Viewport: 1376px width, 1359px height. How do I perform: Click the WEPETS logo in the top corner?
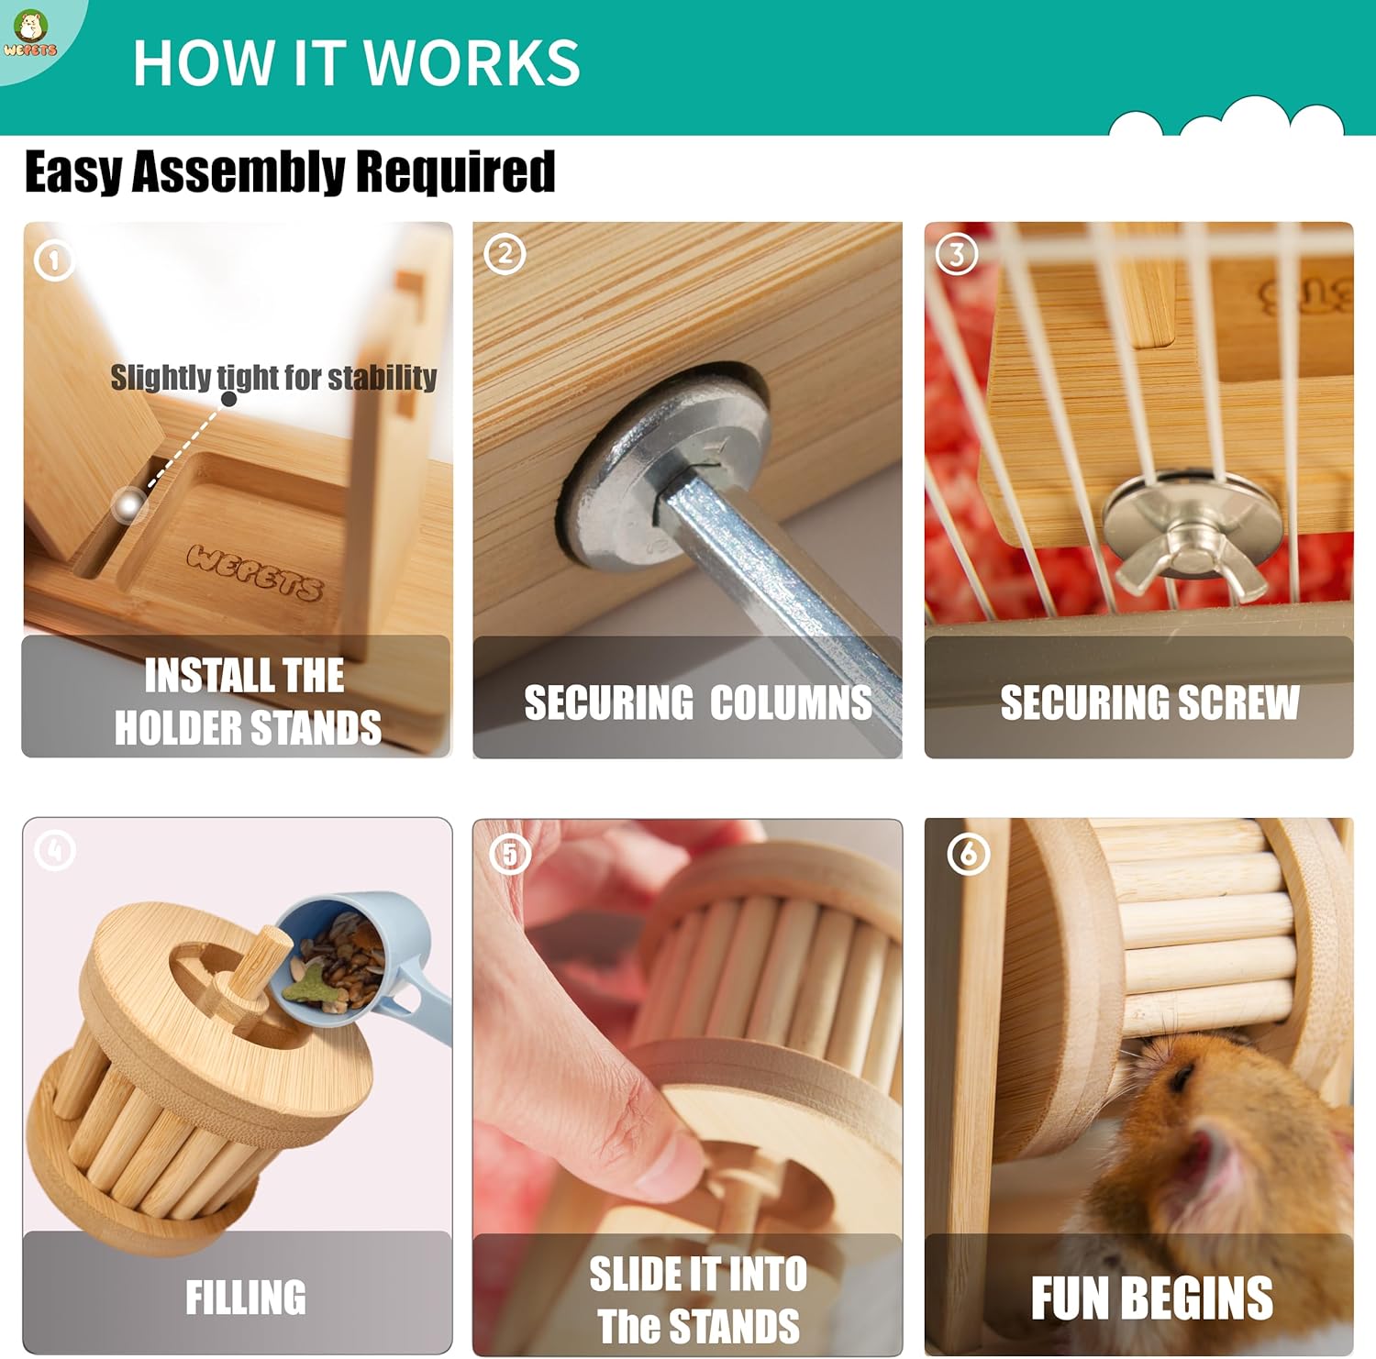click(29, 35)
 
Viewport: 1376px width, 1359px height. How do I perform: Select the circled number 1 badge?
click(54, 261)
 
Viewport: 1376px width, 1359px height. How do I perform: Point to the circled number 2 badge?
click(505, 254)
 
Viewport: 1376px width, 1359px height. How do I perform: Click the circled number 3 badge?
click(957, 254)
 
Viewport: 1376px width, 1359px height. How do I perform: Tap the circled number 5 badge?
click(510, 855)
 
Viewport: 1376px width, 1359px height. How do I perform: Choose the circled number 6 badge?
click(969, 855)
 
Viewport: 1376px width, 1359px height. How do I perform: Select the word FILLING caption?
click(246, 1298)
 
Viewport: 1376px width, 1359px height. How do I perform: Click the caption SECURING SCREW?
click(1149, 702)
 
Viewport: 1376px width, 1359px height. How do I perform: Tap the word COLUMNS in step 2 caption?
click(791, 702)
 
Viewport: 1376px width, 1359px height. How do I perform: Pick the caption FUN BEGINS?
click(1152, 1298)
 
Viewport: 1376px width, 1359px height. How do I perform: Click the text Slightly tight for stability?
click(273, 377)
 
